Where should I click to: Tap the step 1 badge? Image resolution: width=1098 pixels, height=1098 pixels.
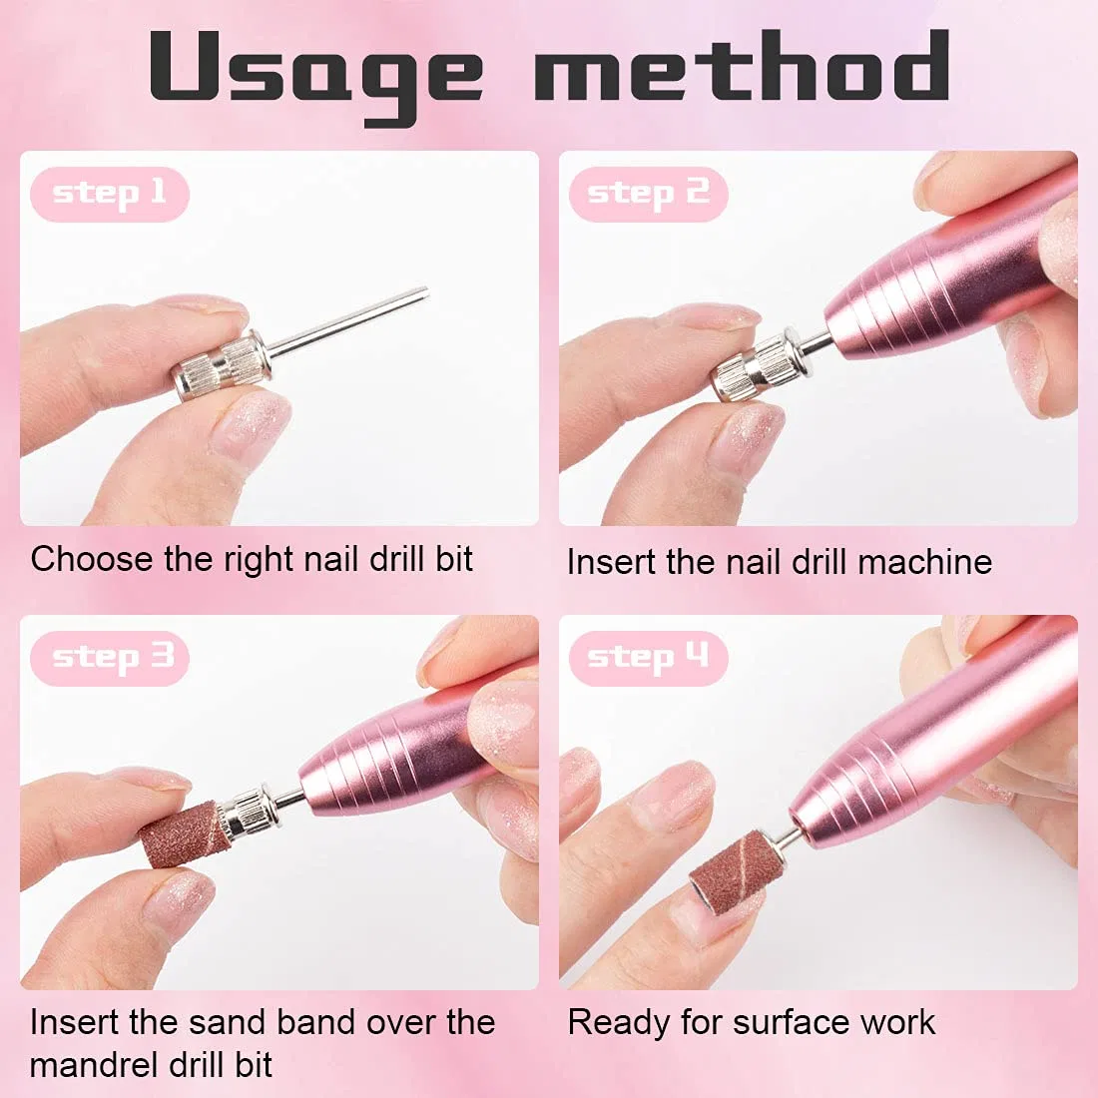(x=110, y=194)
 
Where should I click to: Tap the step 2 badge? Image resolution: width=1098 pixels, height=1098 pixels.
(x=649, y=194)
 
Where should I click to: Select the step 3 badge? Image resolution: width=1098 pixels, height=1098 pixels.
(x=110, y=658)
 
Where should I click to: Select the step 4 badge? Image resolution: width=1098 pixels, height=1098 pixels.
(x=649, y=658)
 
